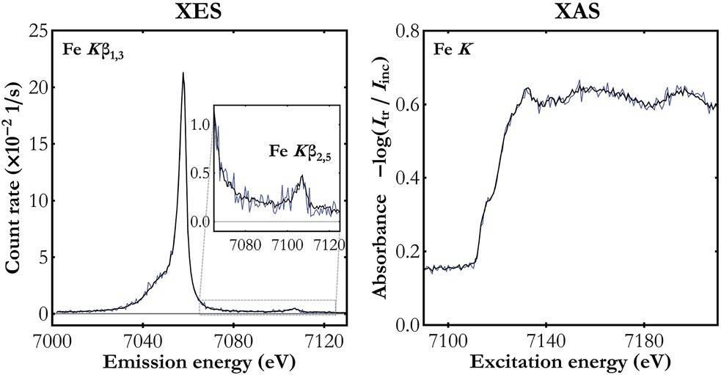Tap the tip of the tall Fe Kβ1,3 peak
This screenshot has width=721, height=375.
coord(183,73)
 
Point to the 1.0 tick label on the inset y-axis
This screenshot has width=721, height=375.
coord(200,125)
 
